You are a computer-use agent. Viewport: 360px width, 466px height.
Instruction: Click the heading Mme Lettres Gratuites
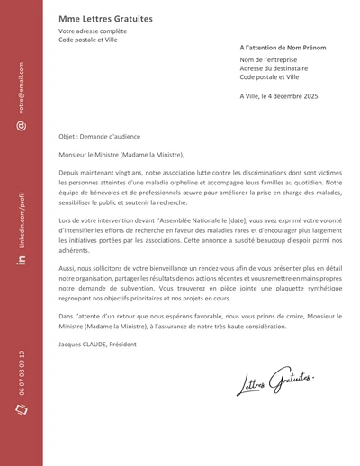(105, 19)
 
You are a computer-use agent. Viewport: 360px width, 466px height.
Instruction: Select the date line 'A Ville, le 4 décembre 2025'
(279, 94)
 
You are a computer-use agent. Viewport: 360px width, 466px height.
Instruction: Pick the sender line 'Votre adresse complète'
(93, 32)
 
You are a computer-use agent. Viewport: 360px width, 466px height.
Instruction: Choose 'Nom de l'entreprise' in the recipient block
(268, 59)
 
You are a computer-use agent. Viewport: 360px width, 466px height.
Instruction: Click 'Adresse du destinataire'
(274, 68)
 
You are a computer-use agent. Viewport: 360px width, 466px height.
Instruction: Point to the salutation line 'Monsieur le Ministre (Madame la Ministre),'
(121, 154)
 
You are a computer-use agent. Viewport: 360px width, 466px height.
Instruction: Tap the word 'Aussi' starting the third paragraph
(67, 268)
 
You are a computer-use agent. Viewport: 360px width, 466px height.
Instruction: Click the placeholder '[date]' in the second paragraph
(237, 220)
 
